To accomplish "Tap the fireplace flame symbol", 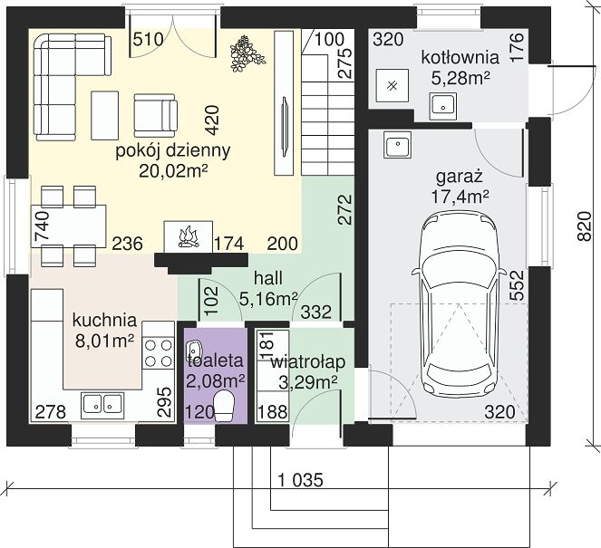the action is coord(188,237).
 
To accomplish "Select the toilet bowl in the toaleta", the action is coord(224,406).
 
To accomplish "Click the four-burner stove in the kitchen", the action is coord(158,352).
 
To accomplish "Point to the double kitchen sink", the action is coord(102,403).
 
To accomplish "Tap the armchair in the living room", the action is coord(155,115).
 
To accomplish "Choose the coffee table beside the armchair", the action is coord(104,115).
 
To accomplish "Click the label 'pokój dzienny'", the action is coord(173,151).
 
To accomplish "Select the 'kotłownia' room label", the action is coord(460,57).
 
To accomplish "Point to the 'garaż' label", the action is coord(460,178).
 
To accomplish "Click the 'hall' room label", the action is coord(268,278).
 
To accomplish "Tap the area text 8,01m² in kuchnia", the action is coord(104,341).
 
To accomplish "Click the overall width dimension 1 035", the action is coord(301,480).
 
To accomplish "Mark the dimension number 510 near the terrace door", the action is coord(149,39).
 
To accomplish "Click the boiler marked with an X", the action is coord(392,85).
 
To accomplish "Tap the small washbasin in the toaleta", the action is coord(194,350).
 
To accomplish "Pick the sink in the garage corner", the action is coord(397,144).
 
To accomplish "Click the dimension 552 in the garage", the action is coord(517,285).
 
